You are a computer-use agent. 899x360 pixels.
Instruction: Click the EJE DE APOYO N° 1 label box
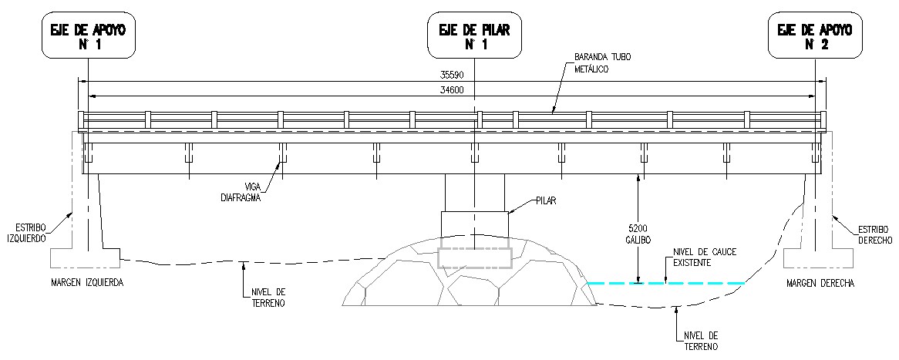click(x=89, y=37)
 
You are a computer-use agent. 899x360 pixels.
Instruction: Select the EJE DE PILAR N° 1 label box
click(x=475, y=37)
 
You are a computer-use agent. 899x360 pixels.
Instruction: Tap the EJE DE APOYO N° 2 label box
click(x=815, y=37)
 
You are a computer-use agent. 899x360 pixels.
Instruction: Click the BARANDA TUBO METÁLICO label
click(x=598, y=63)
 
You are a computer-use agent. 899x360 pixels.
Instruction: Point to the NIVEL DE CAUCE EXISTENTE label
click(x=689, y=257)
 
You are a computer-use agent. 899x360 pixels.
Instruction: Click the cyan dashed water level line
click(x=665, y=283)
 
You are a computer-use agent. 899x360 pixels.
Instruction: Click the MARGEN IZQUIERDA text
click(x=87, y=283)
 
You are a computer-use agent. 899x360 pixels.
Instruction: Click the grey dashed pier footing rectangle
click(x=474, y=258)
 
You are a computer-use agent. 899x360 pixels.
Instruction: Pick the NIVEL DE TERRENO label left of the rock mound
click(x=268, y=297)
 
